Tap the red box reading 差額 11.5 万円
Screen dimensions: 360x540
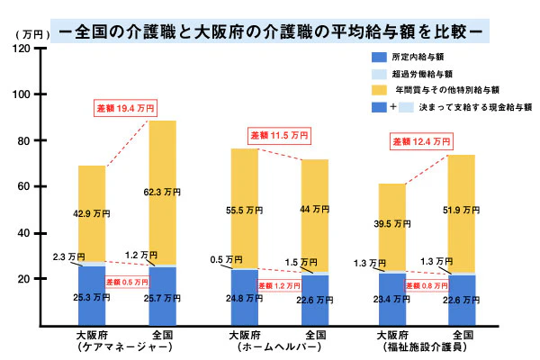tap(278, 135)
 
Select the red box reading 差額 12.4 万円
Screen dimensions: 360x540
tap(420, 141)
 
